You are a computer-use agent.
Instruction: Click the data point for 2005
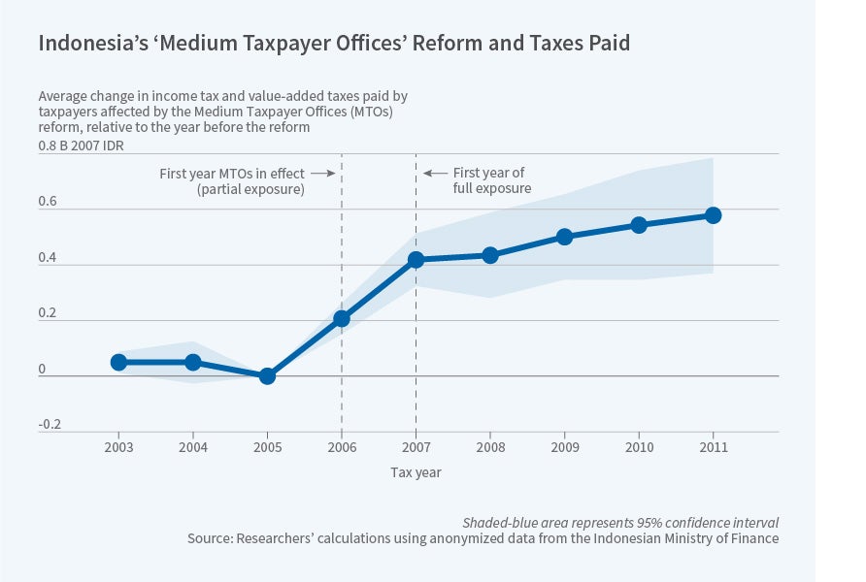tap(267, 375)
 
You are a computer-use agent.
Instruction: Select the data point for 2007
tap(416, 259)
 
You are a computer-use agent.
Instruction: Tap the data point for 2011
tap(714, 214)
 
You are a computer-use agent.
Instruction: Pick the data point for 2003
tap(118, 362)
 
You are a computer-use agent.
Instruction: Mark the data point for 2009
tap(564, 237)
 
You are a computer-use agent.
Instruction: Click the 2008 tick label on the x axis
tap(490, 448)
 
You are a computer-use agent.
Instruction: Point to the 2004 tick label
tap(193, 448)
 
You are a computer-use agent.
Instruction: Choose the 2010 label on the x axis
tap(639, 448)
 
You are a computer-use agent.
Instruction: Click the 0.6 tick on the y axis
tap(49, 202)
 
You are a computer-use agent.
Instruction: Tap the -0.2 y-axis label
tap(50, 424)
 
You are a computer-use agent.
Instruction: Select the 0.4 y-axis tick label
tap(49, 258)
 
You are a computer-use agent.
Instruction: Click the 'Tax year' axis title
tap(416, 472)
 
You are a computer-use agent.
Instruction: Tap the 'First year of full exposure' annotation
tap(491, 180)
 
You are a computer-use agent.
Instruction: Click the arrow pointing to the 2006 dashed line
tap(323, 174)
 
